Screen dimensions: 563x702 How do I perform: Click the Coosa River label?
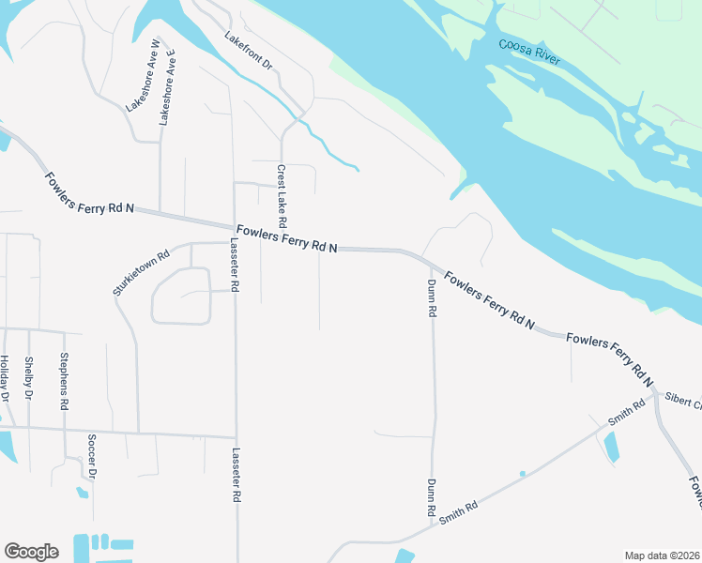pyautogui.click(x=530, y=53)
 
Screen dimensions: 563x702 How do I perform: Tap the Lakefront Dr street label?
pyautogui.click(x=248, y=52)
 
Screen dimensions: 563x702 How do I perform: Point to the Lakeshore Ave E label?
pyautogui.click(x=169, y=95)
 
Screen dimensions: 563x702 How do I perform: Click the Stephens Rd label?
pyautogui.click(x=64, y=381)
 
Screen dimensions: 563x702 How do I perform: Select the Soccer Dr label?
pyautogui.click(x=92, y=455)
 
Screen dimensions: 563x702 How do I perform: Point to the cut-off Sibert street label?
pyautogui.click(x=683, y=402)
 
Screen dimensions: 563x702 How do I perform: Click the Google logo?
pyautogui.click(x=31, y=551)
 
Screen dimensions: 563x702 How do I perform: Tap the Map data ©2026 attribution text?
pyautogui.click(x=662, y=555)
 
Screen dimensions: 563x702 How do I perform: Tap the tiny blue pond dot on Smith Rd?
pyautogui.click(x=522, y=474)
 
